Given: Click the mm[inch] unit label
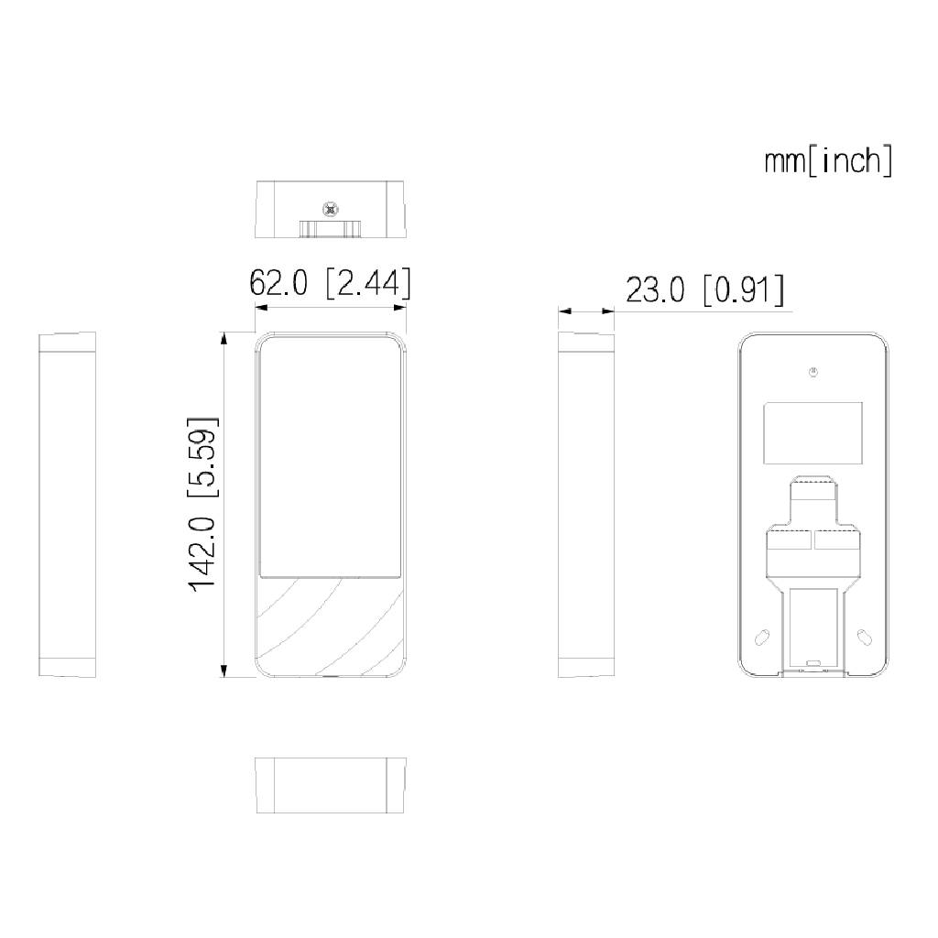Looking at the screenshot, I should [827, 161].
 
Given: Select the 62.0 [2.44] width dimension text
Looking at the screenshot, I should [330, 283].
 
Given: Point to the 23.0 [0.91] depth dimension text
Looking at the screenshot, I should [704, 290].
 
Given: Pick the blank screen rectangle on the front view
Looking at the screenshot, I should [331, 458].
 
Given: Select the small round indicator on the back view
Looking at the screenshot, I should [813, 371].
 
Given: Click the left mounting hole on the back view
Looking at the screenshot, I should [761, 637].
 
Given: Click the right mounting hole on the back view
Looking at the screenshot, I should [864, 637].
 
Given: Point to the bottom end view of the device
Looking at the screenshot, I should [330, 785].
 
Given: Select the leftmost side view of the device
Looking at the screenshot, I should [68, 505].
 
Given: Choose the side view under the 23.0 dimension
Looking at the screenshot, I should [587, 505].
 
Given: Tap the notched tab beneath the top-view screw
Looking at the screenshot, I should [330, 228].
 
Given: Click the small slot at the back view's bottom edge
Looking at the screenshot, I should [813, 662].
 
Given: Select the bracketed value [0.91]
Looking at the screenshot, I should [743, 290].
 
